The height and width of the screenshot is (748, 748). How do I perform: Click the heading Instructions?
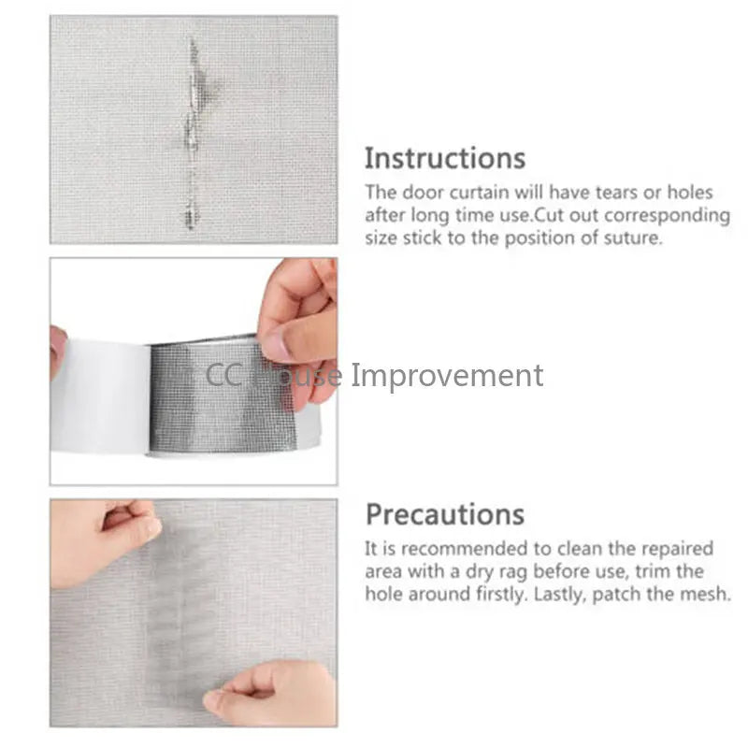[445, 158]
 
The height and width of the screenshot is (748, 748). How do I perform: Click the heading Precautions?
[445, 515]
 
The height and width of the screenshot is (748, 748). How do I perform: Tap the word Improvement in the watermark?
[447, 376]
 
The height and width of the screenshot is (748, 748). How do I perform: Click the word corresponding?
[667, 216]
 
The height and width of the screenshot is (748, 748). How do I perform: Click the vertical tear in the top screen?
[192, 134]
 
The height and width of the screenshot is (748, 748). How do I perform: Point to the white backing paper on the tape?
[101, 396]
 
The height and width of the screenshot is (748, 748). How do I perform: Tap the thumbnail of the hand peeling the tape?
[194, 371]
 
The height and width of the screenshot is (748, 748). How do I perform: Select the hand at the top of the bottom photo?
[105, 541]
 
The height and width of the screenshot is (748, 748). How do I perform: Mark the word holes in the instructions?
[690, 193]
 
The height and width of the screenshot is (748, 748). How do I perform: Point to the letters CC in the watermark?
[223, 376]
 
